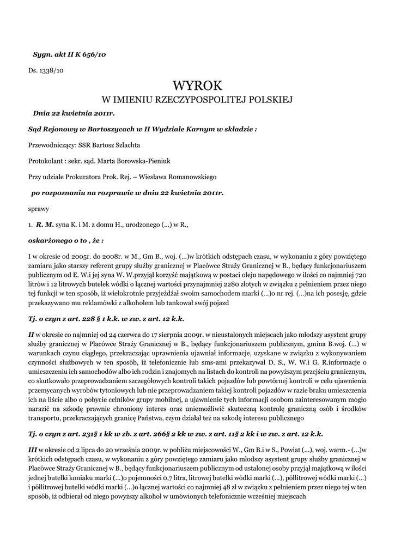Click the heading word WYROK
(197, 86)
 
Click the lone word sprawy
(39, 208)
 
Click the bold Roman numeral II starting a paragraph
(32, 334)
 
